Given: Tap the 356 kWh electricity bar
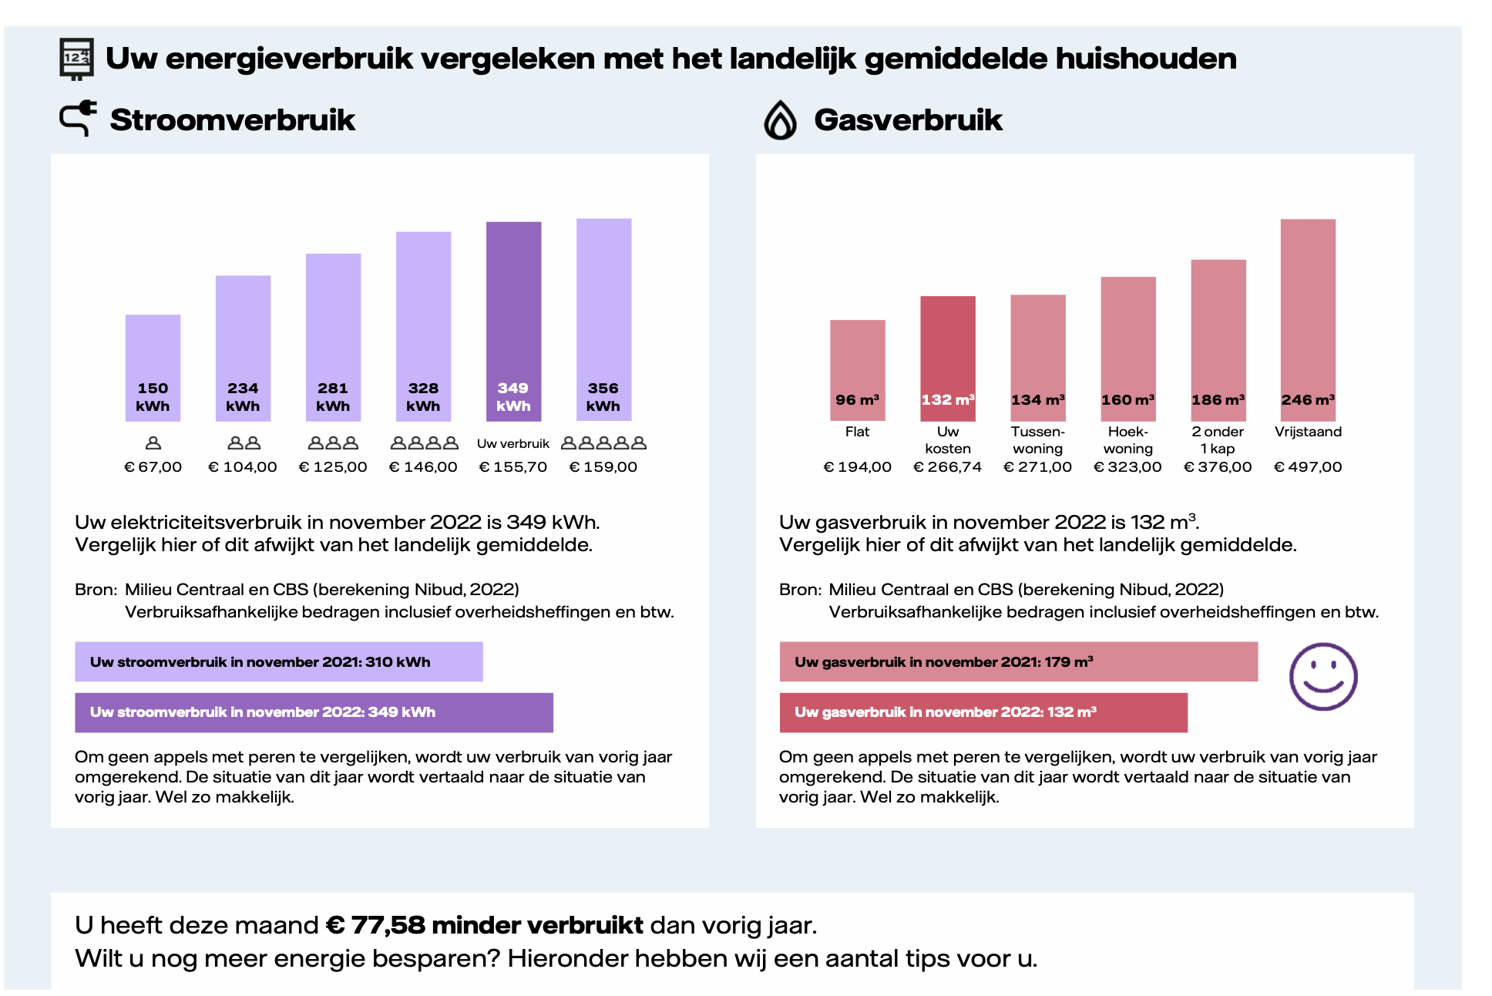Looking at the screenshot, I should coord(603,319).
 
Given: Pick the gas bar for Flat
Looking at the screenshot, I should coord(857,369).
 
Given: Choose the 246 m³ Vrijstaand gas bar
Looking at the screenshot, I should coord(1308,319).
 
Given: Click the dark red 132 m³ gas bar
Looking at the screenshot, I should coord(947,358).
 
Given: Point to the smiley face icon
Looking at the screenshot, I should coord(1322,676).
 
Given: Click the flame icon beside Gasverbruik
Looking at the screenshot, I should coord(780,120).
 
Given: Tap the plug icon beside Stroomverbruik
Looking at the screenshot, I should coord(79,119).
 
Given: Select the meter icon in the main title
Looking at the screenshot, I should coord(76,59).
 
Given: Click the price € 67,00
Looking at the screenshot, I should coord(153,467).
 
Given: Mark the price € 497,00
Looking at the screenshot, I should coord(1308,467).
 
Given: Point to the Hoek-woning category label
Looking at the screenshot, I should coord(1127,440).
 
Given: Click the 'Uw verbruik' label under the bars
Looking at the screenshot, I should coord(513,444).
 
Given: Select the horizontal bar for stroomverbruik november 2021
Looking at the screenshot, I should coord(278,661).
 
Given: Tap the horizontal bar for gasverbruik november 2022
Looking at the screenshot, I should coord(983,712).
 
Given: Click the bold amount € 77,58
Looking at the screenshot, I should coord(375,925).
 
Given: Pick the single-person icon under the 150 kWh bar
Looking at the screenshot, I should coord(153,443).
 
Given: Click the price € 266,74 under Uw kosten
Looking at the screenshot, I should coord(947,467).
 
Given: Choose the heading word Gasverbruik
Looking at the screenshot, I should coord(908,120).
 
